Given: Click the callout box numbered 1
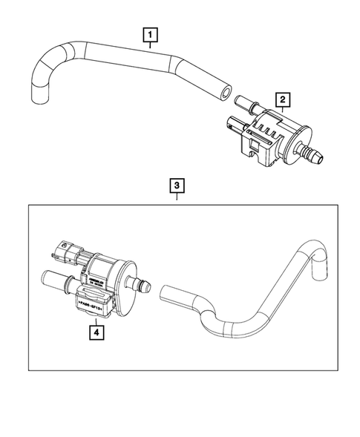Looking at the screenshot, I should tap(151, 34).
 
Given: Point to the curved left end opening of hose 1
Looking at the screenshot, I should tap(38, 94).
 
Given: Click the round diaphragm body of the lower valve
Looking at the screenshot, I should tap(119, 274).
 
